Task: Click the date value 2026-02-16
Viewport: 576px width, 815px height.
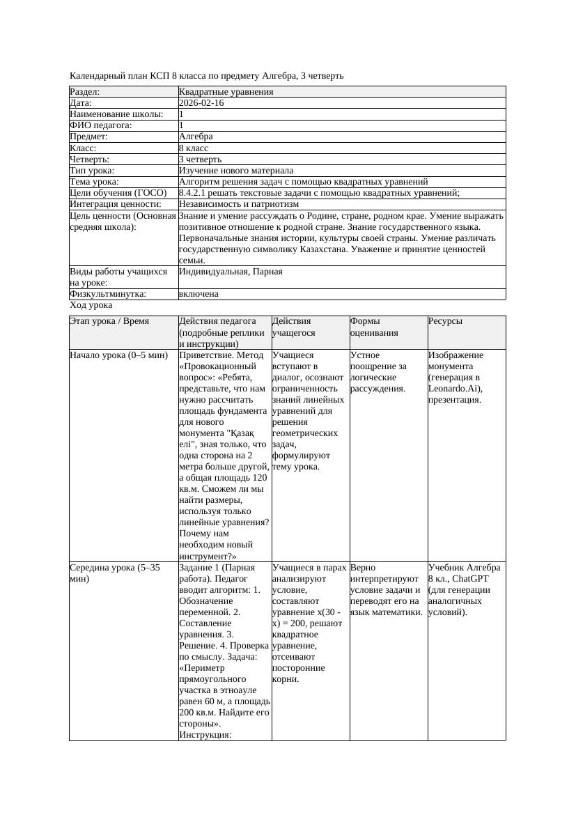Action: pyautogui.click(x=201, y=103)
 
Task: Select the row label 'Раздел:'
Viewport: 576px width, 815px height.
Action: pyautogui.click(x=85, y=92)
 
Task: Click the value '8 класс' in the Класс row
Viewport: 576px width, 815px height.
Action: pyautogui.click(x=194, y=148)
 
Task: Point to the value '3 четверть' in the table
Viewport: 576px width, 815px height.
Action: pyautogui.click(x=200, y=160)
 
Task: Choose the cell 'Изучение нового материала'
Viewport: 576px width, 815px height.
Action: pyautogui.click(x=235, y=171)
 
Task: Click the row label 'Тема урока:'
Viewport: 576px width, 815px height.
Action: pyautogui.click(x=95, y=182)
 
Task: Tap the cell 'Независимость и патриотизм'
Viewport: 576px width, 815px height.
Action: pyautogui.click(x=238, y=204)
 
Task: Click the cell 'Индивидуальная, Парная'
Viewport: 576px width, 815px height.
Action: pyautogui.click(x=231, y=271)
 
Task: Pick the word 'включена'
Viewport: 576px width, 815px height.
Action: pyautogui.click(x=199, y=294)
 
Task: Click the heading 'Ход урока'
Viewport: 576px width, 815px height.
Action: pyautogui.click(x=91, y=305)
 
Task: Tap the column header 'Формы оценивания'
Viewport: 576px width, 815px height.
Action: pyautogui.click(x=374, y=327)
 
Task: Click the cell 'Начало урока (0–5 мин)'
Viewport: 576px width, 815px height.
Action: pyautogui.click(x=119, y=355)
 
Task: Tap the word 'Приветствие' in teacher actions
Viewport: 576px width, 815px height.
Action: pyautogui.click(x=205, y=355)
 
